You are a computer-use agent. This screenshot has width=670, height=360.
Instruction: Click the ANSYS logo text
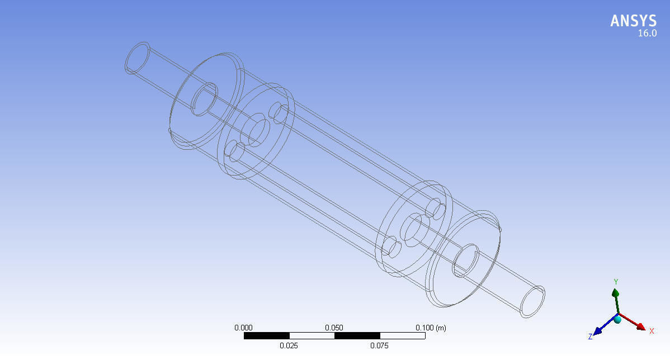[633, 21]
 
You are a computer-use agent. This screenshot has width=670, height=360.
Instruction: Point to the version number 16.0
[647, 34]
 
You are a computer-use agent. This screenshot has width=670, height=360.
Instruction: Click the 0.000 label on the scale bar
[244, 328]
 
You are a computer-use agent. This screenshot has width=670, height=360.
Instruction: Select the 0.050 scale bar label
[334, 328]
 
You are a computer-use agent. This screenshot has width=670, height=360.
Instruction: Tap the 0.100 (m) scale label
[430, 328]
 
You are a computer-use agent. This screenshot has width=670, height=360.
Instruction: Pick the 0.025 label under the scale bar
[289, 345]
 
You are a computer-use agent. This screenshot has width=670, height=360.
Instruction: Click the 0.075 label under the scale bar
[380, 345]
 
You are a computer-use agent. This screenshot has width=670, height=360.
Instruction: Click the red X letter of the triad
[652, 331]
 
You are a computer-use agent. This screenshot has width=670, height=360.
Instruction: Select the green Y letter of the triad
[616, 282]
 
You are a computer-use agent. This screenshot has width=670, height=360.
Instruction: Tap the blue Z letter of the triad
[590, 337]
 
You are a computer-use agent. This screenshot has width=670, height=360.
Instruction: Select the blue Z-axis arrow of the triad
[602, 328]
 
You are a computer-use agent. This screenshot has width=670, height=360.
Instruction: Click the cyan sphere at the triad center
[617, 319]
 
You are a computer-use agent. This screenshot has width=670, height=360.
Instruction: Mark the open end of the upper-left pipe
[136, 58]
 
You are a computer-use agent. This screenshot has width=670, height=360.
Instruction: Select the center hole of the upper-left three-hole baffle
[258, 131]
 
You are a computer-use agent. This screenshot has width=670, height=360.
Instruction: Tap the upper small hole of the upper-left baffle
[278, 111]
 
